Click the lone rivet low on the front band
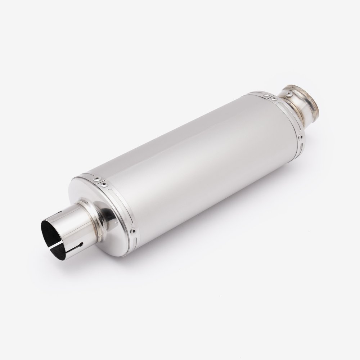point(133,231)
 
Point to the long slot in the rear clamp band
point(288,112)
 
